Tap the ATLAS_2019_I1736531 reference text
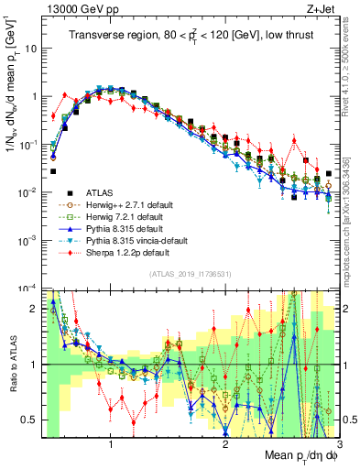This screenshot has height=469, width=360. (189, 274)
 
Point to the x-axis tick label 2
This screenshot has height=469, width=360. (225, 446)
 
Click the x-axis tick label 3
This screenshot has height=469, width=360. (338, 446)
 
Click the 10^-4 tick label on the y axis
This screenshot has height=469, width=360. (27, 288)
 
